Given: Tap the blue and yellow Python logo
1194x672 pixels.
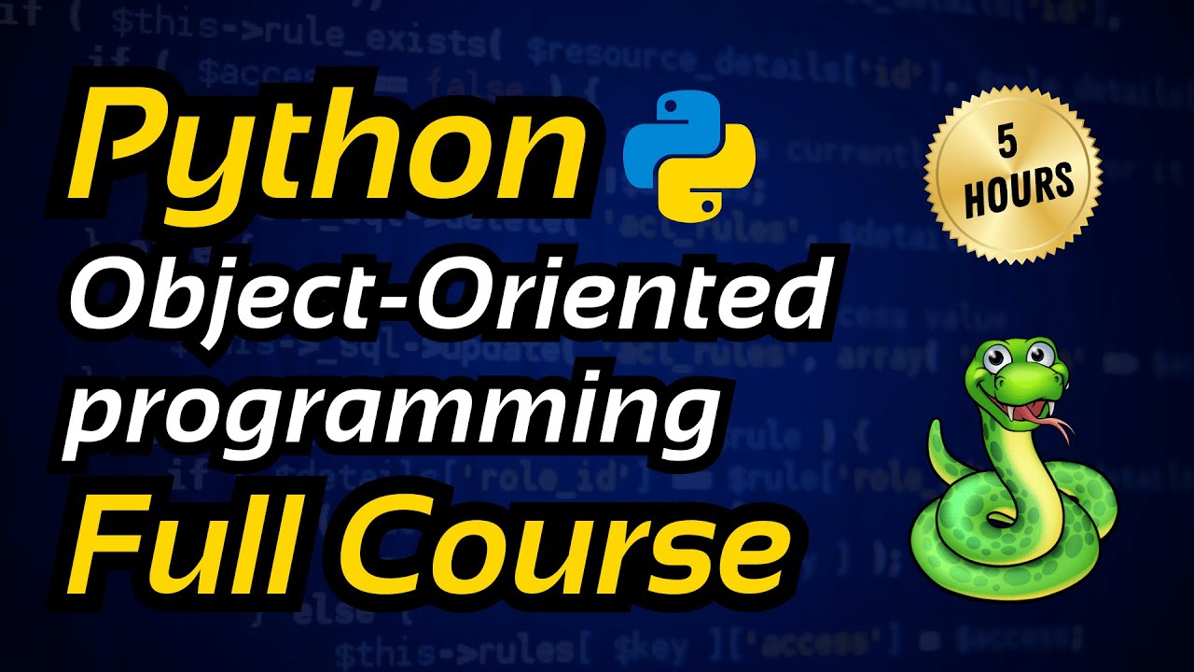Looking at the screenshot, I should point(687,154).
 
